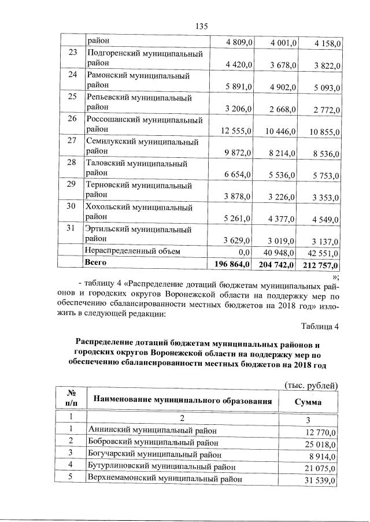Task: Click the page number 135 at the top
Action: pyautogui.click(x=201, y=26)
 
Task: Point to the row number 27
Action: pyautogui.click(x=72, y=140)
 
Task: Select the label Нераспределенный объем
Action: pyautogui.click(x=133, y=251)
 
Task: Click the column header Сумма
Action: pyautogui.click(x=308, y=402)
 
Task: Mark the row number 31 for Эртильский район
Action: pyautogui.click(x=72, y=228)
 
